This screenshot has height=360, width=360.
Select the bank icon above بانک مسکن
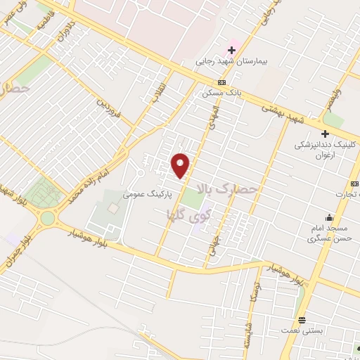[x=221, y=82]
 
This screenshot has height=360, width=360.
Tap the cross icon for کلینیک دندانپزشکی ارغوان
[x=325, y=134]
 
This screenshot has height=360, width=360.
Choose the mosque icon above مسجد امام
[x=328, y=217]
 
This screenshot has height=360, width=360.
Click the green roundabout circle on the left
[x=47, y=218]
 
